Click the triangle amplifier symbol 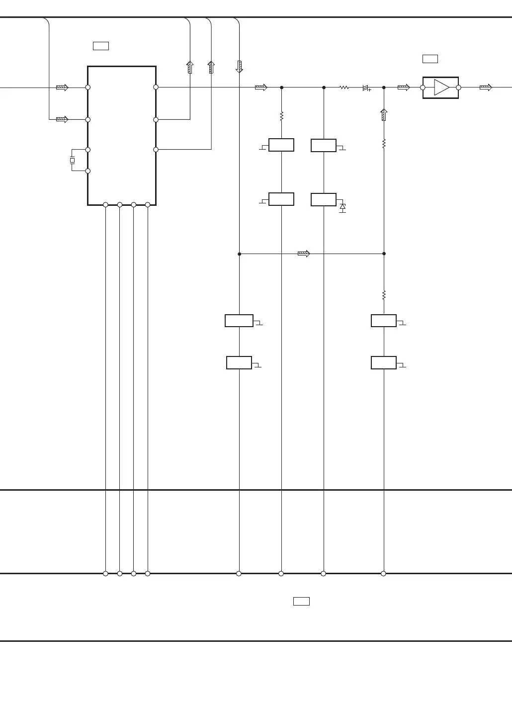coord(441,88)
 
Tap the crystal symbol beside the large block coord(72,160)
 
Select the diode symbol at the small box coord(342,207)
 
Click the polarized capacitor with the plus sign coord(366,88)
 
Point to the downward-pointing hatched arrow coord(239,67)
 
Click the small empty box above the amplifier coord(430,59)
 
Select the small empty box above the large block coord(101,46)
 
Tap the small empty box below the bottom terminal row coord(301,601)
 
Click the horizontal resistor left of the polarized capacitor coord(344,88)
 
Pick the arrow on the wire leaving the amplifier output coord(486,88)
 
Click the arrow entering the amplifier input coord(404,88)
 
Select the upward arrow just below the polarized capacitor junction coord(384,115)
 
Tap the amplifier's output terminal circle coord(458,88)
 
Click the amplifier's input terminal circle coord(423,88)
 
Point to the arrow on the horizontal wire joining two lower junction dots coord(304,254)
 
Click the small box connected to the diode coord(324,199)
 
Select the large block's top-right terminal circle coord(156,87)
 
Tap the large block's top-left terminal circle coord(88,88)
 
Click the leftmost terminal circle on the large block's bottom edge coord(105,205)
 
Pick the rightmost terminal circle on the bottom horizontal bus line coord(383,574)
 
